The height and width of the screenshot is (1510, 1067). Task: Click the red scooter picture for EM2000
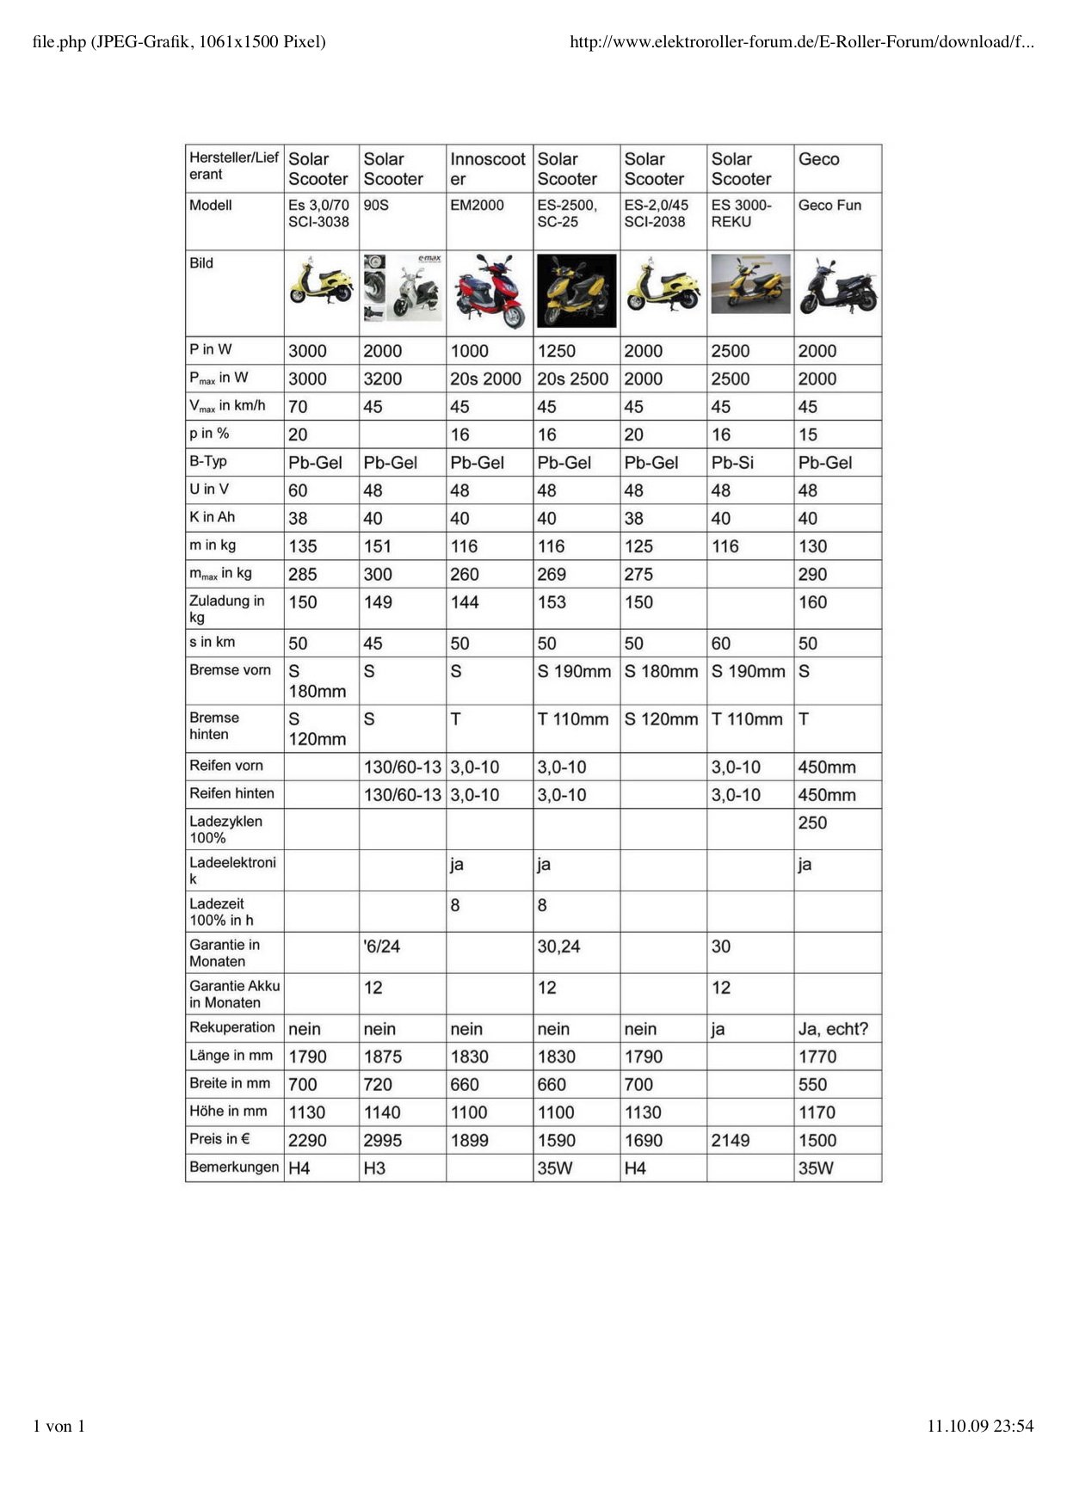coord(489,292)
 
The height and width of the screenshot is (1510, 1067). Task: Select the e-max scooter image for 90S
coord(402,289)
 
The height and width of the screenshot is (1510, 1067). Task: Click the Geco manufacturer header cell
coord(818,159)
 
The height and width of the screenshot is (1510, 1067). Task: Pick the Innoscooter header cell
coord(487,169)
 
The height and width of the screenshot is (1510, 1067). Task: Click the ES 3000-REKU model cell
coord(742,213)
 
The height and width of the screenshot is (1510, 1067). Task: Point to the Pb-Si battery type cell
coord(732,463)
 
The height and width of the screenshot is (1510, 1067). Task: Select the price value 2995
coord(383,1141)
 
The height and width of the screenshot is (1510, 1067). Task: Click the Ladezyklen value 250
coord(812,823)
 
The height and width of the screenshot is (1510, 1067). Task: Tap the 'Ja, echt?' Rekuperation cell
coord(833,1029)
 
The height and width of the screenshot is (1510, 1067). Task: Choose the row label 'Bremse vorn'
coord(230,670)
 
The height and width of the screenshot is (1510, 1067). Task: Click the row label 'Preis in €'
coord(220,1139)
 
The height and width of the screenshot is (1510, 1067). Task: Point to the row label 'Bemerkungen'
coord(234,1168)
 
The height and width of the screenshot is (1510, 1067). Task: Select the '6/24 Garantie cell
coord(382,946)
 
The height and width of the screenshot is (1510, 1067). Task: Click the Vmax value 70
coord(298,407)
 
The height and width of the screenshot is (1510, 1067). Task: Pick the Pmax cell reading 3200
coord(383,379)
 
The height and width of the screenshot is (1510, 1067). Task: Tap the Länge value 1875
coord(383,1057)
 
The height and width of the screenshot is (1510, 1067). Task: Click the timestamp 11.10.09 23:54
coord(979,1426)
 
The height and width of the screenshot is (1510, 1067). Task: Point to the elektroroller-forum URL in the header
coord(801,41)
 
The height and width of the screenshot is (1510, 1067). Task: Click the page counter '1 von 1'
coord(59,1426)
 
